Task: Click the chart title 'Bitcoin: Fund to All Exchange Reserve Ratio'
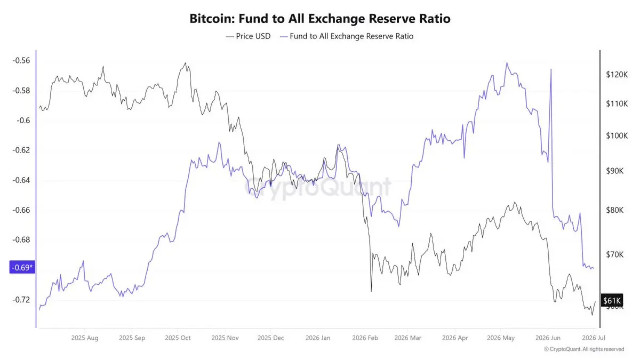320,19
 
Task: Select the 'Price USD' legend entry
248,36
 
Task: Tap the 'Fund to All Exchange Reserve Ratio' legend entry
347,36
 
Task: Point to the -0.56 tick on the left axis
21,61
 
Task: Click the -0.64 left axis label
21,180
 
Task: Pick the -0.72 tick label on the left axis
21,300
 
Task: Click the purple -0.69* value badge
22,267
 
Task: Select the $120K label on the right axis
617,75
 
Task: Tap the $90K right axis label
615,171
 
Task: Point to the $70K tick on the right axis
615,254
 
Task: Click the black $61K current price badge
612,301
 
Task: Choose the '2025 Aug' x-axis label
85,338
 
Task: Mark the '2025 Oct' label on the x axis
178,338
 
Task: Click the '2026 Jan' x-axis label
318,338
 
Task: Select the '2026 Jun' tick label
548,338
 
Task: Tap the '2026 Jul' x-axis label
594,338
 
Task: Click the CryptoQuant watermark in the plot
318,187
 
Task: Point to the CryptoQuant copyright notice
584,349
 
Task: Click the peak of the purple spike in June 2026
551,69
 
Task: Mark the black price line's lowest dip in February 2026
371,291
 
